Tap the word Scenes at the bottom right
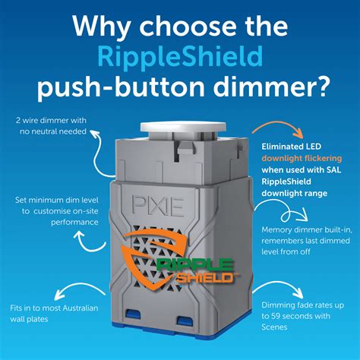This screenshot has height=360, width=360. pos(276,328)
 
